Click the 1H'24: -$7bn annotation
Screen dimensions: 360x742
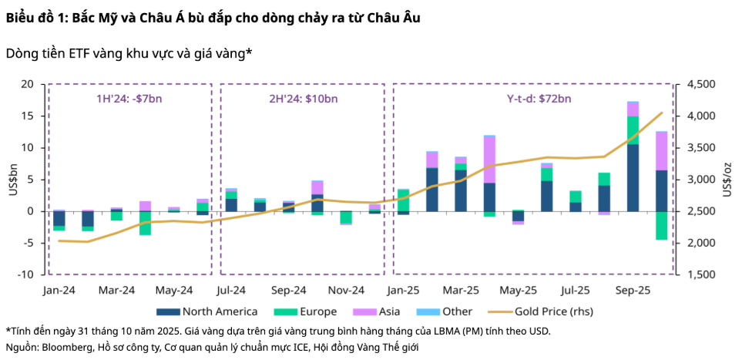[129, 98]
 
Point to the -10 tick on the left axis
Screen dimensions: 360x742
[26, 274]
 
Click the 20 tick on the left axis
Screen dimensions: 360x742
[29, 84]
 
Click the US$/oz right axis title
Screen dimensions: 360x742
[727, 179]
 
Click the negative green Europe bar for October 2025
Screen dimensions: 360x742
[661, 225]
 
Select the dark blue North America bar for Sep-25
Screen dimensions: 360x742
[633, 177]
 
